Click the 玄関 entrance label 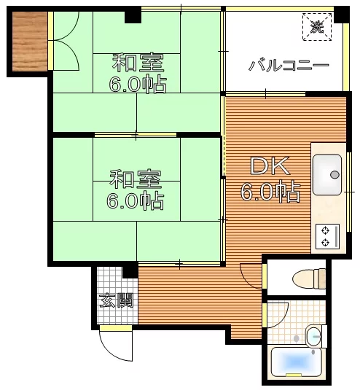(117, 300)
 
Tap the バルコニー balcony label (289, 66)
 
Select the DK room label (270, 165)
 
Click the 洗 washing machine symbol (317, 27)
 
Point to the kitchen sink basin (327, 175)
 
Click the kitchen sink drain (334, 175)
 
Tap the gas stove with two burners (328, 236)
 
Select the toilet (309, 278)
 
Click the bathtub (296, 362)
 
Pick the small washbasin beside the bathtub (313, 337)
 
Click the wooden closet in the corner (30, 42)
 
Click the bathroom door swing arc (282, 319)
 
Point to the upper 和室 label (138, 62)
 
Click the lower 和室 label (136, 179)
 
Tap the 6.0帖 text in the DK (270, 192)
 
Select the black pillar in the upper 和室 (133, 15)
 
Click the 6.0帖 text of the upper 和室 (138, 83)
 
